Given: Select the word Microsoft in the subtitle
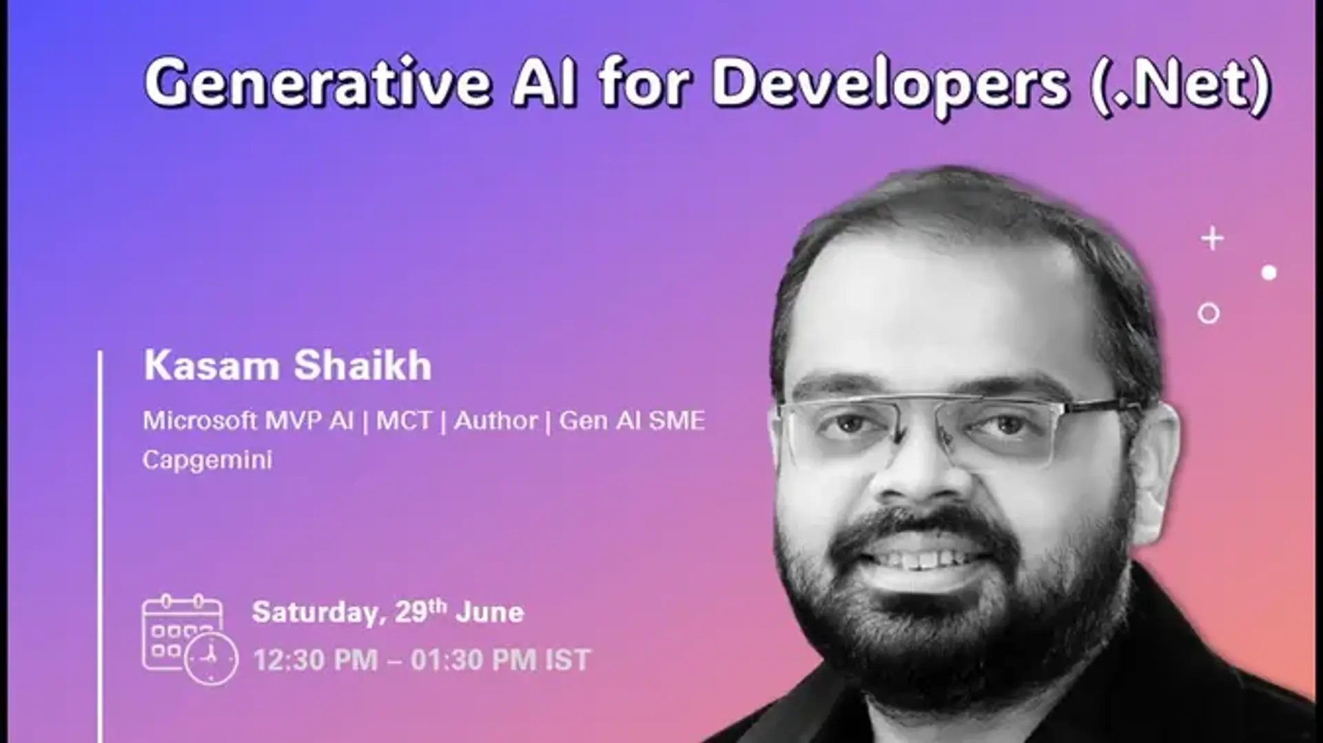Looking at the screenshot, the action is click(200, 420).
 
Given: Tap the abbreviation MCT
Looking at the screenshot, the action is click(404, 420).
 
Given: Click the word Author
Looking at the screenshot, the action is click(495, 420).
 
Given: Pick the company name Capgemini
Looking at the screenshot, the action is click(207, 460).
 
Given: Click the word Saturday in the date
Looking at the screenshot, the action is click(316, 612).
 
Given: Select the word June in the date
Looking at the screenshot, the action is click(490, 611).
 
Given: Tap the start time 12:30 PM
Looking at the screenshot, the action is click(316, 660).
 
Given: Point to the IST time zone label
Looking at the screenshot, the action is click(568, 660).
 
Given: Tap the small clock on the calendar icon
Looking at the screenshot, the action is click(211, 658).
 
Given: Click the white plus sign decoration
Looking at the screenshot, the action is click(1212, 239).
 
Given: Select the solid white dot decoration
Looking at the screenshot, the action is click(1269, 273).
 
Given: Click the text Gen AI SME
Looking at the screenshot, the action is click(632, 420).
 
